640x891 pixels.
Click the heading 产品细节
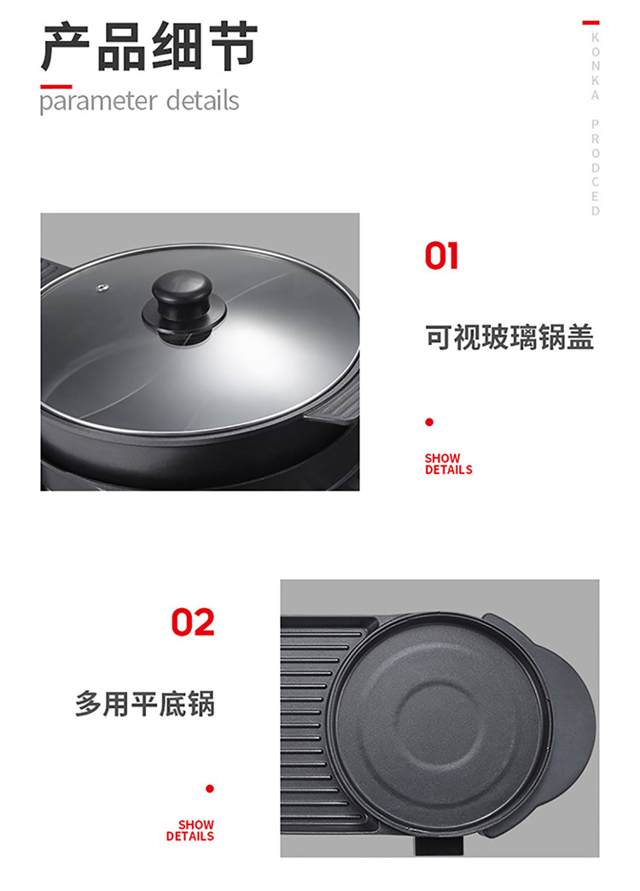(x=149, y=46)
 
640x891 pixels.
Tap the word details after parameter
(x=202, y=100)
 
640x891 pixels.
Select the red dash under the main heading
(x=56, y=87)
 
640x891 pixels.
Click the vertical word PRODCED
(x=595, y=167)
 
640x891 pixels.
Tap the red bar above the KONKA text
(x=591, y=23)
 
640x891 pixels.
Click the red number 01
(x=441, y=255)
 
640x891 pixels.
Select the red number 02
(x=193, y=622)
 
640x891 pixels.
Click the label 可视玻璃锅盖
(x=509, y=337)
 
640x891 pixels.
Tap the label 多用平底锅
(x=145, y=704)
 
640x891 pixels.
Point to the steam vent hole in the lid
(x=102, y=288)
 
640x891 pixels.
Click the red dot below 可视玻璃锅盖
(x=429, y=422)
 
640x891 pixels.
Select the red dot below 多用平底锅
(x=210, y=788)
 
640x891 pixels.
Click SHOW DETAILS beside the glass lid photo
(x=448, y=464)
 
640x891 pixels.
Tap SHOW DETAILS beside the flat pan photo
(x=190, y=830)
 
